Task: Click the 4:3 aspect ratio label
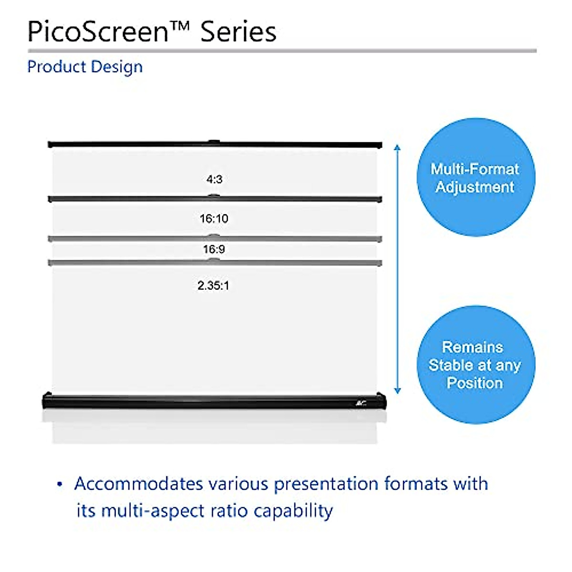coord(214,179)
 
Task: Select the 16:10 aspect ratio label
coord(214,219)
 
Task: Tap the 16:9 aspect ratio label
coord(214,249)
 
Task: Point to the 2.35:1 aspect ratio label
coord(213,286)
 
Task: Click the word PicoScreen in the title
coord(98,32)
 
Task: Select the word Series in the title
coord(238,32)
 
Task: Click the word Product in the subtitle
coord(56,67)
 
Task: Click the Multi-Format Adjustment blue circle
coord(475,177)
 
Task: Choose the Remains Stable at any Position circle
coord(475,365)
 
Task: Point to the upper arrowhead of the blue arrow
coord(398,147)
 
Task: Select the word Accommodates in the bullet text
coord(138,484)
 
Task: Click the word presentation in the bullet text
coord(326,484)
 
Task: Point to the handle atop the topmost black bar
coord(214,141)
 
